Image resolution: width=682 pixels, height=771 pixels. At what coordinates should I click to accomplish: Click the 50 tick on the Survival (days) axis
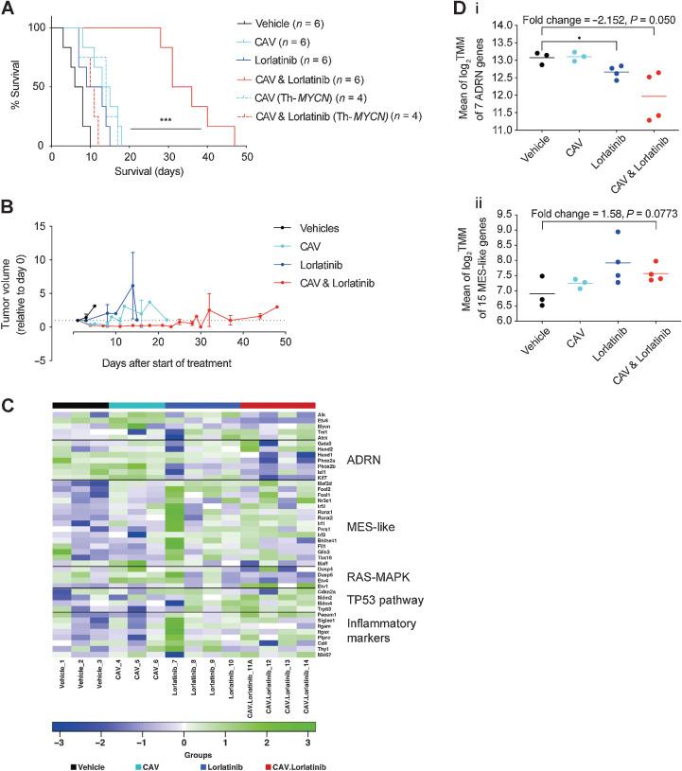click(x=247, y=161)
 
